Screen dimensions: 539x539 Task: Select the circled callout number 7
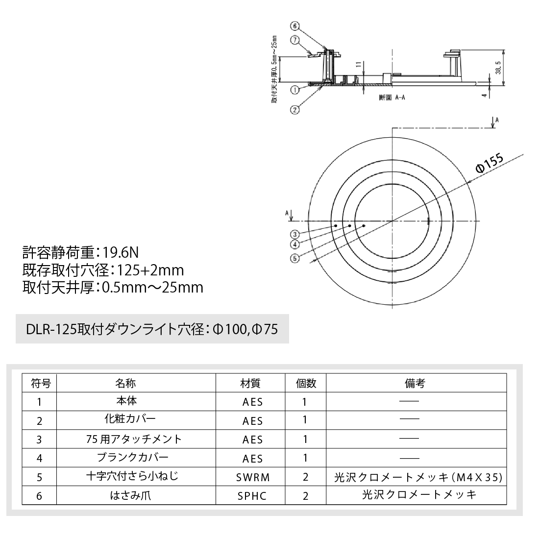(294, 39)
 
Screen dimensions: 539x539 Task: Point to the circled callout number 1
(294, 90)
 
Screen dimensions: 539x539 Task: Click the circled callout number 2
(294, 110)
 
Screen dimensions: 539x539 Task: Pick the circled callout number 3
(294, 234)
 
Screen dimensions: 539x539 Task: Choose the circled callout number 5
(294, 259)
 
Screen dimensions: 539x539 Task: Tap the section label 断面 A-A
(392, 98)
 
